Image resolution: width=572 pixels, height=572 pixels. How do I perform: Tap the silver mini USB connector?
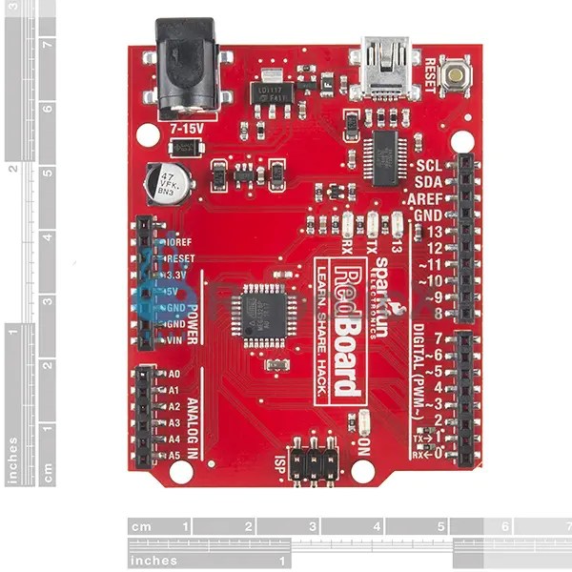point(383,69)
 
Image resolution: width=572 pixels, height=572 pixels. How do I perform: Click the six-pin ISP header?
point(314,460)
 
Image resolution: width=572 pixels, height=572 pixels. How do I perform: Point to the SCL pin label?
point(429,165)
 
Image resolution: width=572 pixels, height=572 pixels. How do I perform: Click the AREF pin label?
point(424,198)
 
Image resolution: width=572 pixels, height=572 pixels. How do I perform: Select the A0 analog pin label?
point(174,375)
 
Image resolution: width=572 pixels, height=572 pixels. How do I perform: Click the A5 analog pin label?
point(174,456)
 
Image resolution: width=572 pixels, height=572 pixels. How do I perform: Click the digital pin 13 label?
point(434,232)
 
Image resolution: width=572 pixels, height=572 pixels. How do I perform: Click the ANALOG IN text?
point(192,428)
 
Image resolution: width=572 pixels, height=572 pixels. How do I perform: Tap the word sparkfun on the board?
point(380,285)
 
